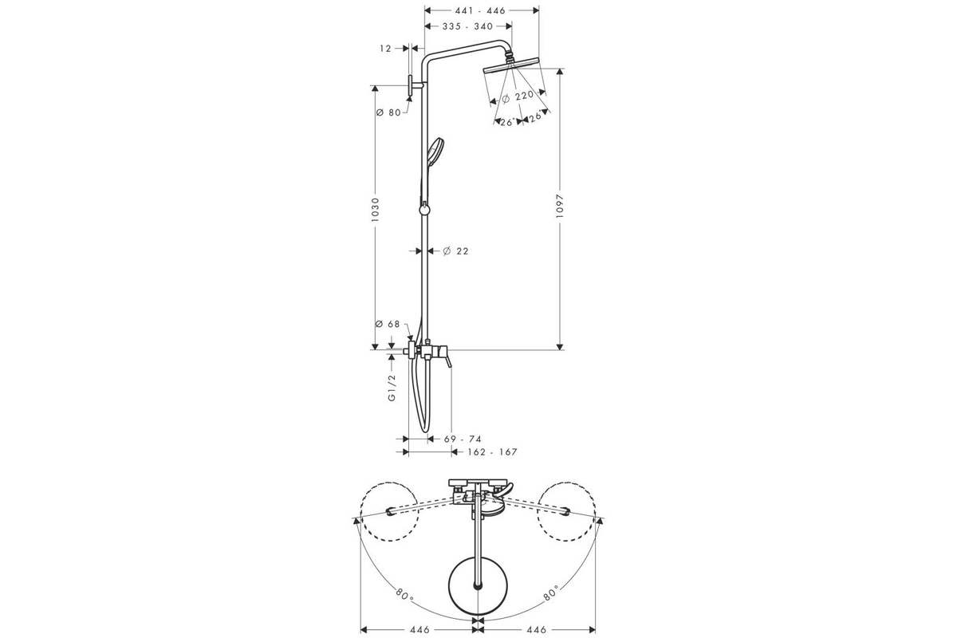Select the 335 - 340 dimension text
tap(467, 26)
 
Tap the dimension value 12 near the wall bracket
tap(385, 49)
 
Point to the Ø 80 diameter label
tap(388, 112)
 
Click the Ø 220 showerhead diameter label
tap(518, 96)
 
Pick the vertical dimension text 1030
tap(376, 210)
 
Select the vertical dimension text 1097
tap(560, 207)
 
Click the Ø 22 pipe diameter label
tap(455, 251)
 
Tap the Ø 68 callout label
tap(387, 325)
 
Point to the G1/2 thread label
tap(392, 388)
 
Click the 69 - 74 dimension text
tap(463, 439)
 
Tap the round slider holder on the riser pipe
tap(424, 210)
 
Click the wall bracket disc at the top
tap(411, 87)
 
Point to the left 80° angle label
tap(404, 594)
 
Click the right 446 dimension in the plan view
tap(537, 630)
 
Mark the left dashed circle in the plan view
tap(390, 511)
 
